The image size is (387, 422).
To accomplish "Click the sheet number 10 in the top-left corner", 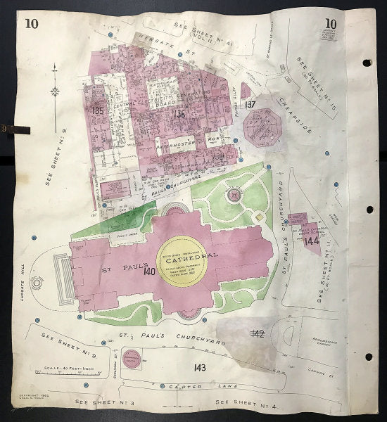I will click(x=31, y=23).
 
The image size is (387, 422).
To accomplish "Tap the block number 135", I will click(x=98, y=110).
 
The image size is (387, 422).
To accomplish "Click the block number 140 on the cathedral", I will click(x=148, y=271).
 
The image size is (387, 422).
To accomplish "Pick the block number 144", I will click(x=312, y=241).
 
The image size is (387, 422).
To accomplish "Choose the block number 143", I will click(x=201, y=366).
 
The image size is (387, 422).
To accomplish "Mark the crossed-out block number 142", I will click(x=257, y=333).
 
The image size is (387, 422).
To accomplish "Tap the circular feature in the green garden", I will click(x=233, y=192).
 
